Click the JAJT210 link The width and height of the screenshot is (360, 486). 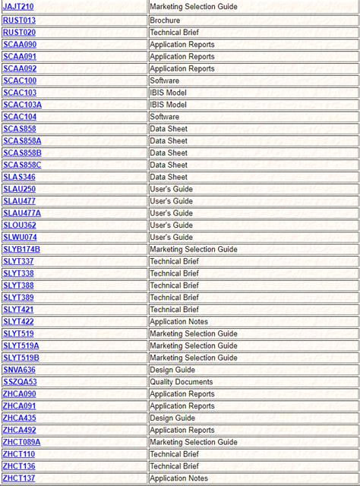tap(18, 8)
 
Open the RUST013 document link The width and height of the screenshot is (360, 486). tap(19, 21)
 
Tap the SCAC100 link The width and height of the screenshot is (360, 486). tap(20, 80)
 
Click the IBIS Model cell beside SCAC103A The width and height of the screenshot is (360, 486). tap(167, 105)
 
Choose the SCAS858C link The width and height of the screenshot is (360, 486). tap(22, 165)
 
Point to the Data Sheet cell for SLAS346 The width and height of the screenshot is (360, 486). tap(168, 177)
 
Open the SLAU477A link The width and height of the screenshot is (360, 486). tap(22, 213)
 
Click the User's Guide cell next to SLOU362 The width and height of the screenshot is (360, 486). tap(171, 226)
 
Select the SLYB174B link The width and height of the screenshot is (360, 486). tap(22, 249)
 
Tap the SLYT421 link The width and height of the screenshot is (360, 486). tap(18, 310)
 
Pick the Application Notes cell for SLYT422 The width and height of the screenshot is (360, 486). tap(178, 322)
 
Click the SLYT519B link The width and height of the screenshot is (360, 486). tap(21, 358)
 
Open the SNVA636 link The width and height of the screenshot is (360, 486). tap(19, 370)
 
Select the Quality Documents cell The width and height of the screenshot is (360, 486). tap(182, 382)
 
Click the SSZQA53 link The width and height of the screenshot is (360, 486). tap(20, 382)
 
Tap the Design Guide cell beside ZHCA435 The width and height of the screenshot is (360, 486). tap(172, 418)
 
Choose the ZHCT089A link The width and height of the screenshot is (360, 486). tap(22, 442)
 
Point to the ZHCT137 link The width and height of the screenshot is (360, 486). tap(19, 478)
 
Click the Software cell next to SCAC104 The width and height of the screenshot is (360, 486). tap(164, 117)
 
